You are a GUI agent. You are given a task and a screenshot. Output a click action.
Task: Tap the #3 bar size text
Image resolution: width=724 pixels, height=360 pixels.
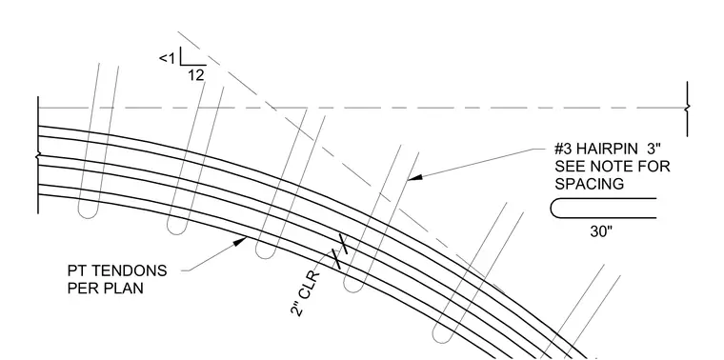(563, 149)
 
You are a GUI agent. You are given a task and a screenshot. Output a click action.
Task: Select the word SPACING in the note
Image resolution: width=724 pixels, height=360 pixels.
(589, 184)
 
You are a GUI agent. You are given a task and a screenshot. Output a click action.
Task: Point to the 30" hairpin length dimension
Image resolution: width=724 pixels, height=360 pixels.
(601, 231)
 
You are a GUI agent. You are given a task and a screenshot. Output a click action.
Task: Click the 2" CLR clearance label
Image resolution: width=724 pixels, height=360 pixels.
(305, 294)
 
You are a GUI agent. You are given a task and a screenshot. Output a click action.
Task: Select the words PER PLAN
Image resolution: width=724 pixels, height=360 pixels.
(106, 288)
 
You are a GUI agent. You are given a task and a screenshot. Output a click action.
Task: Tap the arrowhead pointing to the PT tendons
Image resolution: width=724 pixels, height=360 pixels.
(240, 241)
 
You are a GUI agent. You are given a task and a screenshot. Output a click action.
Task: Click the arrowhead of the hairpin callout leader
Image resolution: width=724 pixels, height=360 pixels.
(414, 177)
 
